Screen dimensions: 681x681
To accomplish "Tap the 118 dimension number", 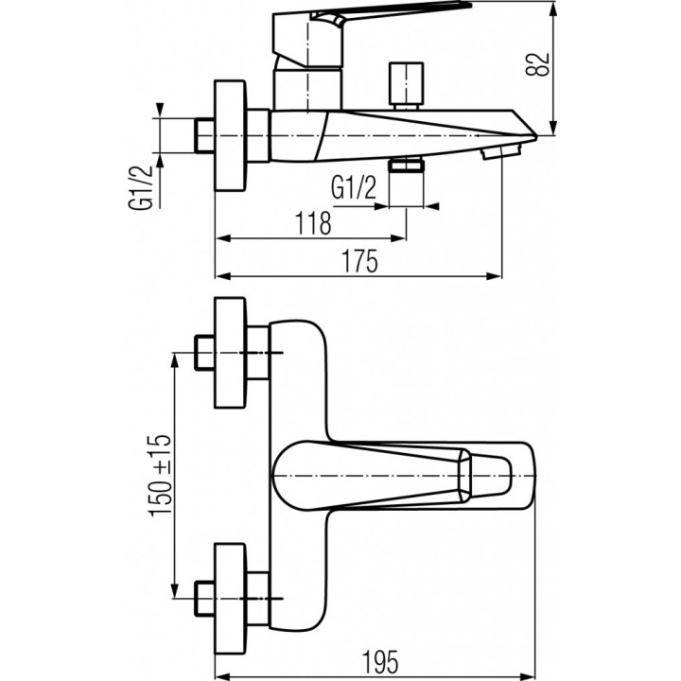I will click(312, 224).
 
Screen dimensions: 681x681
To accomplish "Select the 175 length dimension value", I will click(359, 262).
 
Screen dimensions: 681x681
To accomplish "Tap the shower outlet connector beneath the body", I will click(408, 166).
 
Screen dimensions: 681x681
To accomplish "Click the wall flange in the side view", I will click(233, 136).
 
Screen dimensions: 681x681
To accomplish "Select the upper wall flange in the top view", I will click(233, 353).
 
